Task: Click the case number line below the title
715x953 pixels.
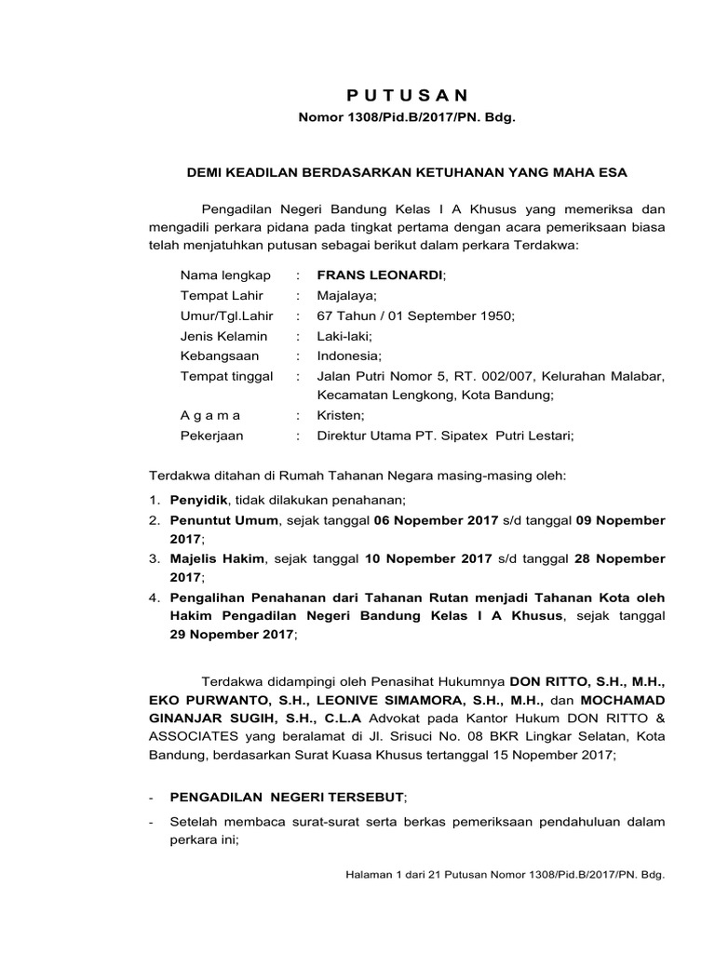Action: coord(405,119)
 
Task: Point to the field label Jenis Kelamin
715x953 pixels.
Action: coord(223,336)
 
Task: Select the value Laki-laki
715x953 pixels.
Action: coord(349,336)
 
